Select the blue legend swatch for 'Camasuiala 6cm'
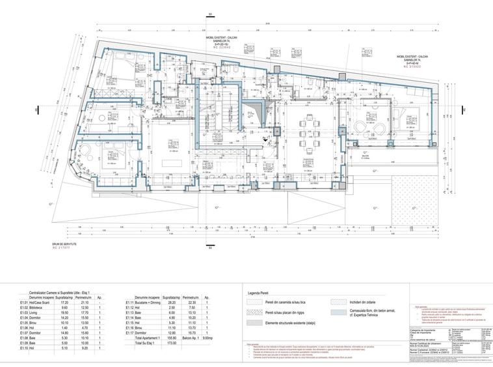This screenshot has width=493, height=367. [x=338, y=313]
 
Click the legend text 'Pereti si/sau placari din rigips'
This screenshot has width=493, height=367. [x=287, y=313]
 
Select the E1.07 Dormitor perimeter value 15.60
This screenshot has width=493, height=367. [x=84, y=332]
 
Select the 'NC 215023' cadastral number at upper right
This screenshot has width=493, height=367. [x=414, y=66]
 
